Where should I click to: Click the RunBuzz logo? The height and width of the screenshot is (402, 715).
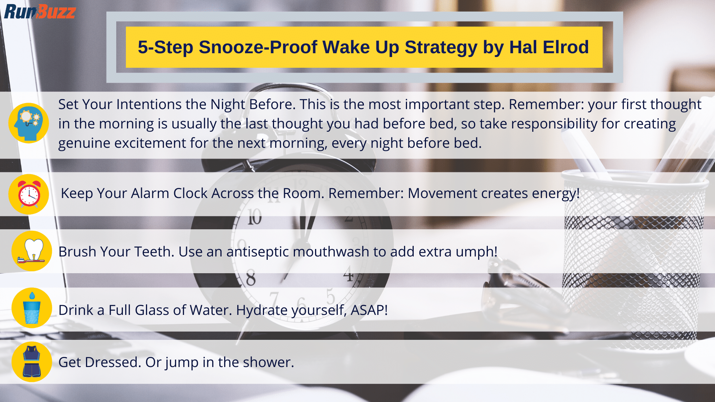(40, 12)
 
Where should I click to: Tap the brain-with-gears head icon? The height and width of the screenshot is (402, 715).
(29, 123)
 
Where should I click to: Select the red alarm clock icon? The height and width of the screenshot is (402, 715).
(29, 194)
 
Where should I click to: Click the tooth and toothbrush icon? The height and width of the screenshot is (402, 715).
(32, 251)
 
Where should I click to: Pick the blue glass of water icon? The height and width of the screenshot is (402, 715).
(32, 308)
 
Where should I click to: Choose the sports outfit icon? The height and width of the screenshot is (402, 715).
(32, 362)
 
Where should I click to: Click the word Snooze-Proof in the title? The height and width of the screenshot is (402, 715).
(258, 47)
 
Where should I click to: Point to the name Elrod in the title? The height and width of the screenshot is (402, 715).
(566, 47)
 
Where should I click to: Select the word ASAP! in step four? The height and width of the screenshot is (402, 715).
(369, 310)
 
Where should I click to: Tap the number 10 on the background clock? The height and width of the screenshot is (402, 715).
(255, 217)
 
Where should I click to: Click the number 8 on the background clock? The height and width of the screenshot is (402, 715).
(251, 278)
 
